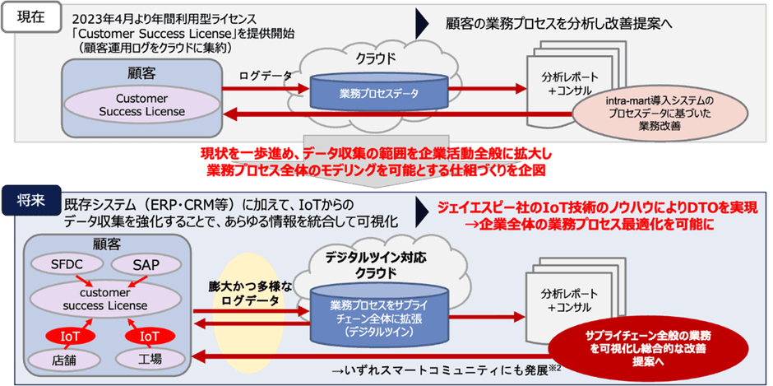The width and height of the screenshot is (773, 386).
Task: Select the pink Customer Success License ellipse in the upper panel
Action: pyautogui.click(x=141, y=105)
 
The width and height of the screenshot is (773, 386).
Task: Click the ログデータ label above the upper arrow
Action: pyautogui.click(x=265, y=75)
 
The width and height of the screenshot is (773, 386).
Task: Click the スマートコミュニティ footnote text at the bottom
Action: pyautogui.click(x=444, y=370)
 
